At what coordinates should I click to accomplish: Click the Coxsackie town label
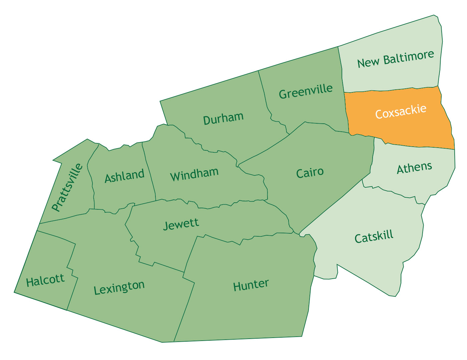[x=401, y=111]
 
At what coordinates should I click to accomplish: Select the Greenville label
[x=306, y=91]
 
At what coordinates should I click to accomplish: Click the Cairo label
[x=310, y=173]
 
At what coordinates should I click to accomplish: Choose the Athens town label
[x=414, y=168]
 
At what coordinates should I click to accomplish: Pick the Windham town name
[x=194, y=174]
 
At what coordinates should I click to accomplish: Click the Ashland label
[x=124, y=176]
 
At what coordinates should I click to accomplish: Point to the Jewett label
[x=181, y=224]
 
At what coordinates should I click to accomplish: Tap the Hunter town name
[x=251, y=285]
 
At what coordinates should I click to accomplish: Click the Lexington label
[x=119, y=288]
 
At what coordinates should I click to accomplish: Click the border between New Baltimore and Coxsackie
[x=390, y=90]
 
